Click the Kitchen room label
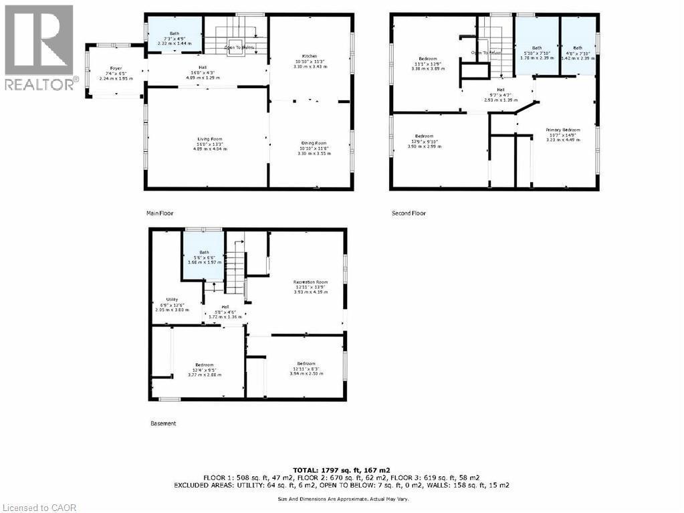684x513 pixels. pyautogui.click(x=309, y=56)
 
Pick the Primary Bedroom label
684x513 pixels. pyautogui.click(x=562, y=130)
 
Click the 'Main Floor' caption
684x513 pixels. pyautogui.click(x=160, y=213)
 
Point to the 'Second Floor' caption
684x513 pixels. pyautogui.click(x=409, y=213)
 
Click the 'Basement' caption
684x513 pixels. pyautogui.click(x=162, y=423)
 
